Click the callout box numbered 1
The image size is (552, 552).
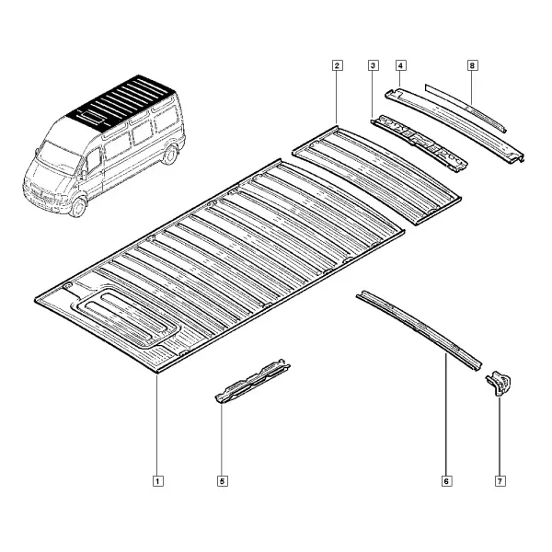[157, 481]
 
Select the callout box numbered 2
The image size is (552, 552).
[337, 65]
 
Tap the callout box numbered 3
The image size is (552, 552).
[374, 65]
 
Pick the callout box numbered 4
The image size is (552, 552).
[400, 65]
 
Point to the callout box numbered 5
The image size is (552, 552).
[222, 481]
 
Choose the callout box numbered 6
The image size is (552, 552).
[446, 481]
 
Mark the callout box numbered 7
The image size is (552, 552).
[500, 481]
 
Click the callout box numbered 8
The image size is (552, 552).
[473, 65]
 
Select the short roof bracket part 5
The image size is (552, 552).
[252, 382]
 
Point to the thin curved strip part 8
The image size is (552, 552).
[466, 108]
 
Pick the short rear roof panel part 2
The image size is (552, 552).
[376, 176]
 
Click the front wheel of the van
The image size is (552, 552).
[78, 206]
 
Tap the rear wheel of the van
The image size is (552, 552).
[170, 155]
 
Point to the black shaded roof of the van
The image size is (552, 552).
[121, 103]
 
